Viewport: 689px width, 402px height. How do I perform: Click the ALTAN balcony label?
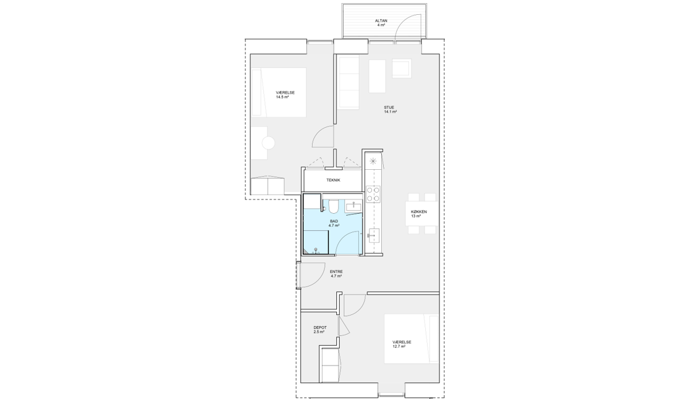pyautogui.click(x=381, y=20)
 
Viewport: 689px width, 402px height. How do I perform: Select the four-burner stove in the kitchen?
pyautogui.click(x=373, y=194)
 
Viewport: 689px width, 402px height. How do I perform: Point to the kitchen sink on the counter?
pyautogui.click(x=373, y=236)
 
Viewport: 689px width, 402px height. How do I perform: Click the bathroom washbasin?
pyautogui.click(x=353, y=205)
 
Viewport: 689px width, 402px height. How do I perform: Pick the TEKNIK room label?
pyautogui.click(x=333, y=180)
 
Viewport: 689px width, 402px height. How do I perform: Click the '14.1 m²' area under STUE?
pyautogui.click(x=390, y=112)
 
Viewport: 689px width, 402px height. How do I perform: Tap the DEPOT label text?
pyautogui.click(x=319, y=328)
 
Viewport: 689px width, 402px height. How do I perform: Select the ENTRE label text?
pyautogui.click(x=336, y=272)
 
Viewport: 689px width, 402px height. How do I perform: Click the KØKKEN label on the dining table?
pyautogui.click(x=419, y=212)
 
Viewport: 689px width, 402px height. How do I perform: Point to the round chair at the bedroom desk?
pyautogui.click(x=268, y=143)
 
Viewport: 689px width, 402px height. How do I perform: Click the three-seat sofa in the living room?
pyautogui.click(x=349, y=83)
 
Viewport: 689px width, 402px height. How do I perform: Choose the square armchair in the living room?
pyautogui.click(x=401, y=68)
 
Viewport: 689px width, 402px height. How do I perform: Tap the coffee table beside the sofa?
pyautogui.click(x=377, y=76)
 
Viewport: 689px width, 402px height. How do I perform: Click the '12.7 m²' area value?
pyautogui.click(x=399, y=346)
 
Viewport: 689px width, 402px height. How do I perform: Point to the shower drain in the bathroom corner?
pyautogui.click(x=314, y=252)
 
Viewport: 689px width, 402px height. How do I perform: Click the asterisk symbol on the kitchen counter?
pyautogui.click(x=373, y=161)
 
